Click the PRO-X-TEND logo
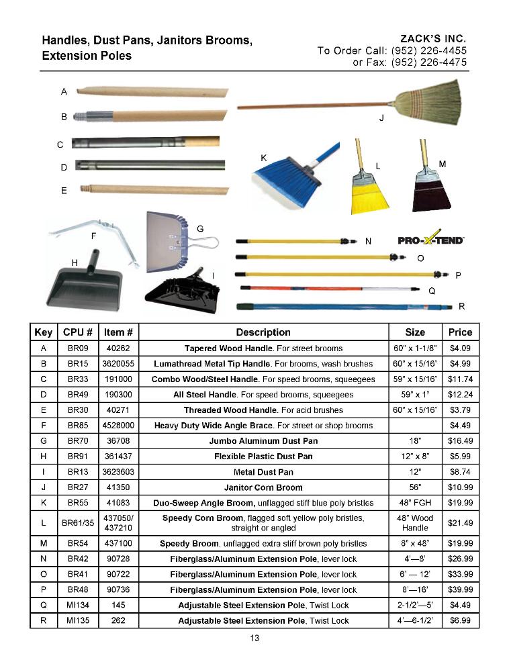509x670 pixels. click(431, 240)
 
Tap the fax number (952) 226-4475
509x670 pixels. click(429, 62)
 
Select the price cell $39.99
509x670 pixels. click(460, 589)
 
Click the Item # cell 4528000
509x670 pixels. click(118, 425)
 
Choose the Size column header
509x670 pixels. click(415, 332)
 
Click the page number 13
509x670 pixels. click(254, 638)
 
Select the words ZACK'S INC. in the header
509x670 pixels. click(432, 39)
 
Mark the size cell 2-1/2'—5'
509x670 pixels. click(415, 605)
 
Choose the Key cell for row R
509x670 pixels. click(44, 620)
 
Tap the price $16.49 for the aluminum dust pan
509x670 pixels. click(460, 440)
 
